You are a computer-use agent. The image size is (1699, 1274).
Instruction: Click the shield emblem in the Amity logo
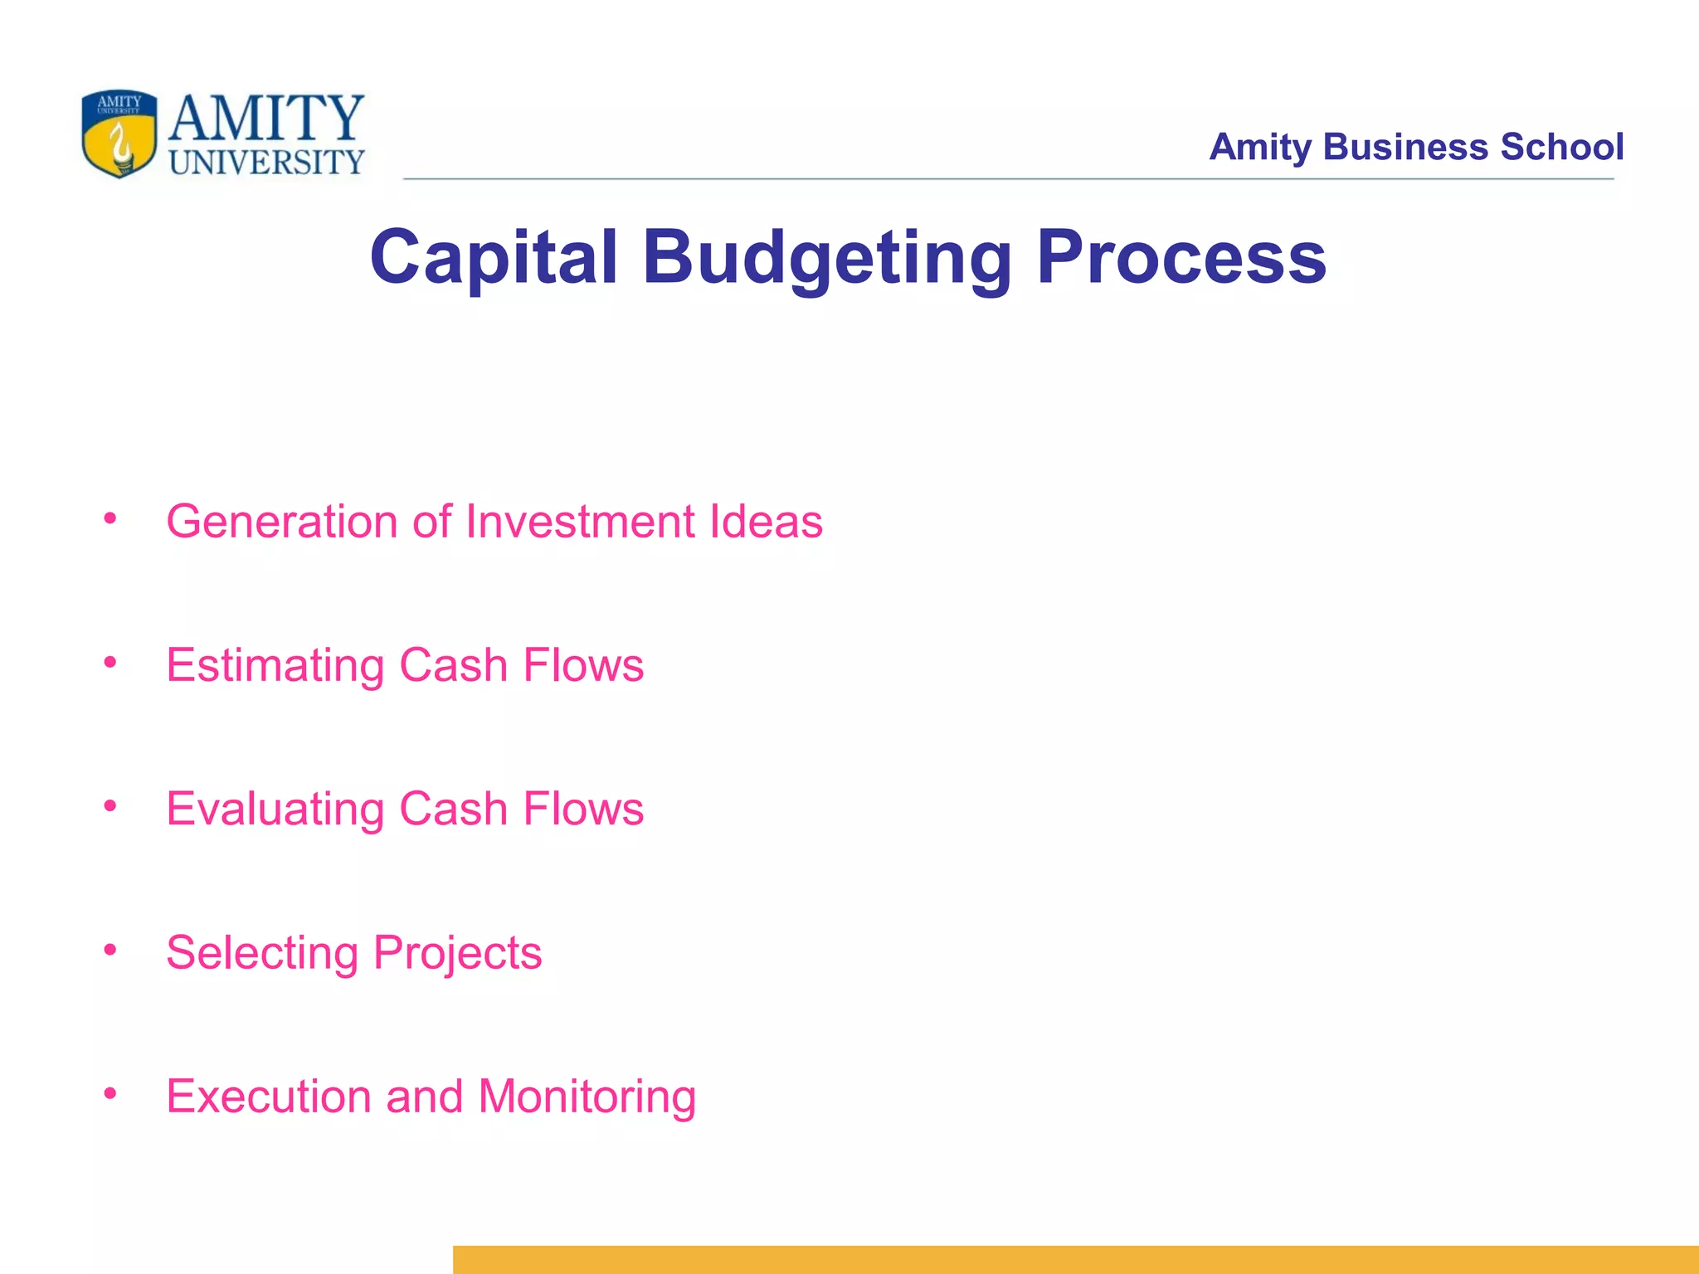point(119,134)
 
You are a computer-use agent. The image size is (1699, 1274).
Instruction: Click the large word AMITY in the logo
point(266,118)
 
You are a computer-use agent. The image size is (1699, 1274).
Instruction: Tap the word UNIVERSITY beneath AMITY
point(266,163)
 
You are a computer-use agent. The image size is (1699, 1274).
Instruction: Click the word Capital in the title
point(494,257)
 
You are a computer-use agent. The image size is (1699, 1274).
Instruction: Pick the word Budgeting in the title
point(827,259)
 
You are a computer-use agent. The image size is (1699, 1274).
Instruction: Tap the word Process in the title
point(1181,257)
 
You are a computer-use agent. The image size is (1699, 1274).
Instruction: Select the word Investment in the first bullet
point(580,522)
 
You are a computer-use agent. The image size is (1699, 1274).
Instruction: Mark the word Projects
point(457,953)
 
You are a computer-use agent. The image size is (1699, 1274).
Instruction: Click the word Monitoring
point(587,1097)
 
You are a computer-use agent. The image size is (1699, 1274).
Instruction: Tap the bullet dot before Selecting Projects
point(110,950)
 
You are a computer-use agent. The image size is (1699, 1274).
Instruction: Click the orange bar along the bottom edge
point(1075,1259)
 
